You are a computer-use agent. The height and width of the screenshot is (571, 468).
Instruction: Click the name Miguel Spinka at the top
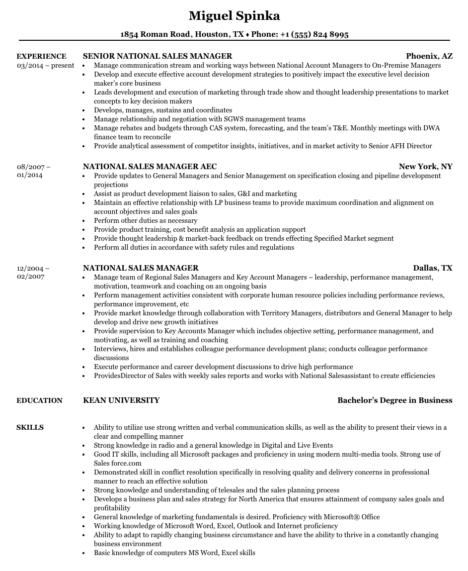click(234, 16)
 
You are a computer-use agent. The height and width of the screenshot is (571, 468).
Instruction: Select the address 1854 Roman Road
click(155, 34)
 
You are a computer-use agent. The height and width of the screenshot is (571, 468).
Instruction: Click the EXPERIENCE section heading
click(41, 56)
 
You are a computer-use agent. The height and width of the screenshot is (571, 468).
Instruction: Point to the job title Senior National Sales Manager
click(157, 56)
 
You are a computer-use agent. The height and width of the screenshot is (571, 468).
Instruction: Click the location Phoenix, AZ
click(429, 56)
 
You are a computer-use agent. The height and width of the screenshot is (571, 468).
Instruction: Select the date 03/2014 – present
click(45, 65)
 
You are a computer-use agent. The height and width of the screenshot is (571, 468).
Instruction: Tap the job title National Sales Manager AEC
click(150, 167)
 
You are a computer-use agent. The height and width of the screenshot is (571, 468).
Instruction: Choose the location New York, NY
click(425, 167)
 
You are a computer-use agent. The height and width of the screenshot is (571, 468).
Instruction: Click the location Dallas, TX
click(432, 268)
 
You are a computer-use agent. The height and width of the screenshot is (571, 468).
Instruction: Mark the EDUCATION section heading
click(39, 400)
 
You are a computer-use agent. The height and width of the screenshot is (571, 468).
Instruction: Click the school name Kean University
click(121, 400)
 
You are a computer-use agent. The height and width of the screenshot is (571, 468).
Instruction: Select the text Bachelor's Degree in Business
click(394, 400)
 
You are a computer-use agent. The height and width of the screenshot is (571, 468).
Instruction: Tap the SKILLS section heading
click(30, 427)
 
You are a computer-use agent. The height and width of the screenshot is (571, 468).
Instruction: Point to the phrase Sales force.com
click(118, 464)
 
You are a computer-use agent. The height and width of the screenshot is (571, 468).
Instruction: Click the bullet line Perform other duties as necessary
click(146, 221)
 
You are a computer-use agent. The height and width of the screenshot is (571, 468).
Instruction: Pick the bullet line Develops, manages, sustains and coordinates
click(163, 110)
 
